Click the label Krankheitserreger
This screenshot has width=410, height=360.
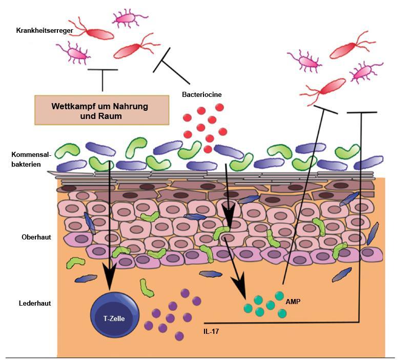[x=45, y=31]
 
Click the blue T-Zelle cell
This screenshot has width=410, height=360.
[x=114, y=313]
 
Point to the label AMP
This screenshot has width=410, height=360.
[x=293, y=302]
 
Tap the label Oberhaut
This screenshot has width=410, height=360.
[x=36, y=237]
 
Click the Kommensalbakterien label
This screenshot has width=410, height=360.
[x=31, y=159]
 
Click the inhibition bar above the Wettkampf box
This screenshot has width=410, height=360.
[x=102, y=70]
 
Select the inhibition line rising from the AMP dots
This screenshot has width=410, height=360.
[x=302, y=195]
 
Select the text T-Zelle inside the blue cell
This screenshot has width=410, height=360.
[x=114, y=318]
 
